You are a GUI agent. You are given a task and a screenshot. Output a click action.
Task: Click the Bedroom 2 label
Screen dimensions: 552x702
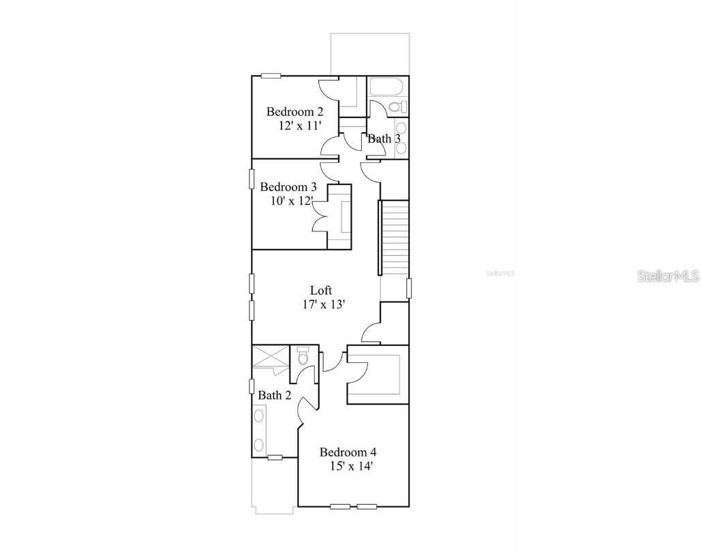tap(294, 112)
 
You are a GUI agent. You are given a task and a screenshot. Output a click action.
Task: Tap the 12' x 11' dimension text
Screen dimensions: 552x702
tap(299, 126)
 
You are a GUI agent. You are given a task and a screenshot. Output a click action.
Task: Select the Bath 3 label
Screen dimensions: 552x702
tap(384, 139)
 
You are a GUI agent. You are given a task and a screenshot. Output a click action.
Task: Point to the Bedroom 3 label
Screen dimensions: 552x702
tap(288, 187)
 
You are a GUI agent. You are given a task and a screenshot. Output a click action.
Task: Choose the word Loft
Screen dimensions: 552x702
tap(321, 291)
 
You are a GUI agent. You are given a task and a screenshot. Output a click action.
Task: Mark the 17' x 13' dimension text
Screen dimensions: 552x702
tap(324, 304)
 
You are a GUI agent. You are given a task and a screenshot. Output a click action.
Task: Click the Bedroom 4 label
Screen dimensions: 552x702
tap(348, 452)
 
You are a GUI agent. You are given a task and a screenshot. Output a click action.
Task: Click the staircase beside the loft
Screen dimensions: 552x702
tap(394, 237)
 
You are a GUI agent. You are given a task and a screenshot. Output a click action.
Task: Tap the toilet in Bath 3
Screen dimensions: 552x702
tap(395, 107)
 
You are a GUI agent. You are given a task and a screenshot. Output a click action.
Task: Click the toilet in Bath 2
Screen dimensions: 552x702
tap(303, 357)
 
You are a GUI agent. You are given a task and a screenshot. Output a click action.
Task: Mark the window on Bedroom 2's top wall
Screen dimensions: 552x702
tap(271, 76)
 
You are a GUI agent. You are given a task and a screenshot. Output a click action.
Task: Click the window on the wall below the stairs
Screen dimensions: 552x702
tap(409, 288)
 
